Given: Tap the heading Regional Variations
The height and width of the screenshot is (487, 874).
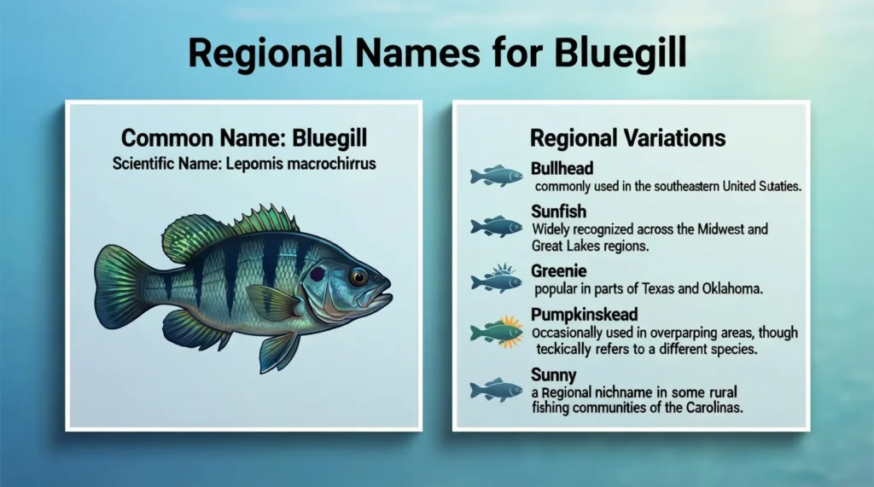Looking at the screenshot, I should [x=628, y=138].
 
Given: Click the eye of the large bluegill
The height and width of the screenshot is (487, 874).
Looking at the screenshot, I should [x=358, y=276].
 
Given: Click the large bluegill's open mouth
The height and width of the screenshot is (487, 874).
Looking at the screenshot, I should [x=383, y=298].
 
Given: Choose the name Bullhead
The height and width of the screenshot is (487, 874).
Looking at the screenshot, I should [x=562, y=168].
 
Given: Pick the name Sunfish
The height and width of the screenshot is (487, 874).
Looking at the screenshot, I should [x=559, y=212].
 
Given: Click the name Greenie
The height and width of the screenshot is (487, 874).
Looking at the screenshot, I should [x=560, y=271].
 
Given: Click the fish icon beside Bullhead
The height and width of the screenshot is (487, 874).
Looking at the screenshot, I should [x=496, y=176].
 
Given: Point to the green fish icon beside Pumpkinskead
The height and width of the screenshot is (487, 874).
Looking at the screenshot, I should [x=496, y=331].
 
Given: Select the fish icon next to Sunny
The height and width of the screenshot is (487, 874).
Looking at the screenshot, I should [x=496, y=390].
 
